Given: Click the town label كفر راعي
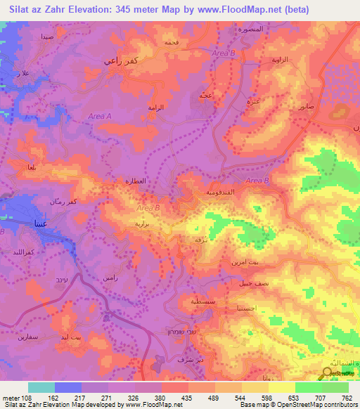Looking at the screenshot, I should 117,60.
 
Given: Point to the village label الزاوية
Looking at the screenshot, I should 281,60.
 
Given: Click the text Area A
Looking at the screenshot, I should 100,117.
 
